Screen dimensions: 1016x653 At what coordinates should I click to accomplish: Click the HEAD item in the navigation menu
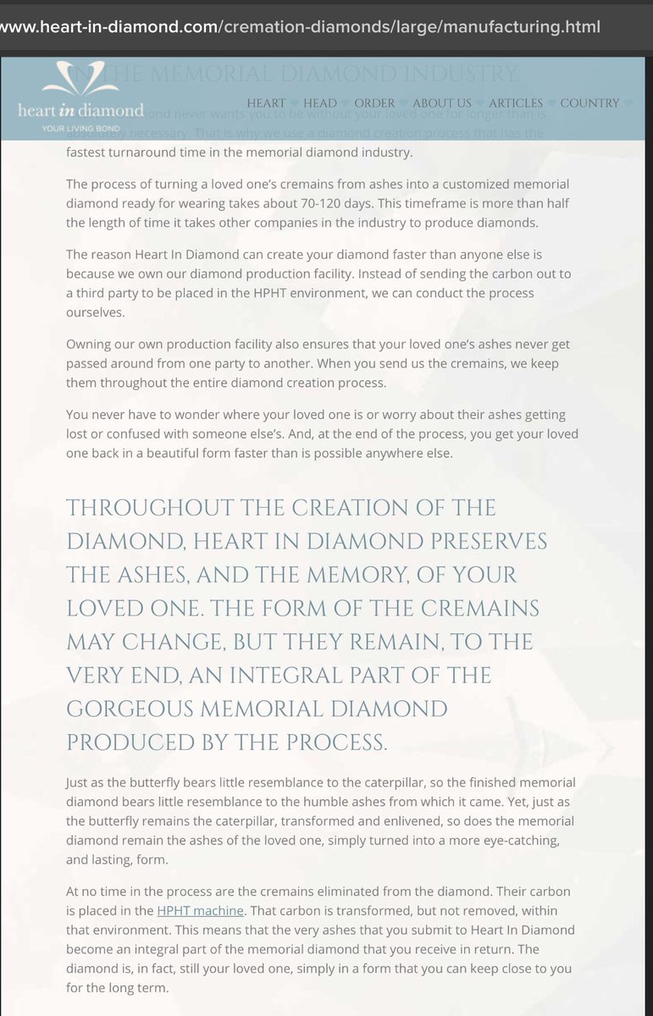tap(320, 103)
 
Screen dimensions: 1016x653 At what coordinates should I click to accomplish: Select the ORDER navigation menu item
tap(374, 103)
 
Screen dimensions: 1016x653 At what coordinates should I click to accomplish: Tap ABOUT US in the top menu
tap(441, 103)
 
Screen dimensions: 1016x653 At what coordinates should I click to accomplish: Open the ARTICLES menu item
tap(515, 103)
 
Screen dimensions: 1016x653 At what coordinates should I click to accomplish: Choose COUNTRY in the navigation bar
tap(589, 103)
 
